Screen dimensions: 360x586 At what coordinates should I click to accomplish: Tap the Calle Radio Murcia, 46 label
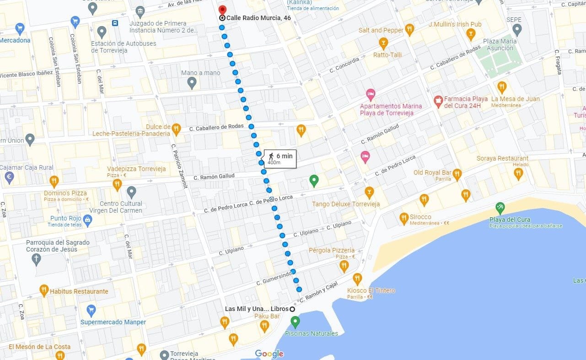tap(258, 18)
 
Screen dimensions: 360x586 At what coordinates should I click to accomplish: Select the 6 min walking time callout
tap(280, 158)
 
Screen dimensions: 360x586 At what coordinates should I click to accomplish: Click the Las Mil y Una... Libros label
tap(257, 309)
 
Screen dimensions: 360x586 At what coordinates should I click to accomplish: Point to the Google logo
tap(269, 354)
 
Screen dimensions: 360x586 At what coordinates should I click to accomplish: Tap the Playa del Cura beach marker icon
tap(500, 207)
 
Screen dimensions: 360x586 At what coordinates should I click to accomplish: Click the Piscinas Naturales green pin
tap(295, 322)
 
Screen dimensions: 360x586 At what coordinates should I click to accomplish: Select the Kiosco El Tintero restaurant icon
tap(357, 278)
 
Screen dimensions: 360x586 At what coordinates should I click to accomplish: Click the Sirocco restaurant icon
tap(404, 218)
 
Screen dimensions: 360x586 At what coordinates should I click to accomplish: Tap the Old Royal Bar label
tap(432, 172)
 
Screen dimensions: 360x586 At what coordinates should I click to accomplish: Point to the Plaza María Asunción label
tap(500, 44)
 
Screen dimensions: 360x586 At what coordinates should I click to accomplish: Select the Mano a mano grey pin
tap(192, 82)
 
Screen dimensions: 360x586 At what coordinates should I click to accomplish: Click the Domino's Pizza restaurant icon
tap(54, 181)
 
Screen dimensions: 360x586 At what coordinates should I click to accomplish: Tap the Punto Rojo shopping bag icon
tap(88, 220)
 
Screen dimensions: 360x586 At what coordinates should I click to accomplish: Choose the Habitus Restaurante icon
tap(44, 290)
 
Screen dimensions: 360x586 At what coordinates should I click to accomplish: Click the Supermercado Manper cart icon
tap(91, 310)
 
